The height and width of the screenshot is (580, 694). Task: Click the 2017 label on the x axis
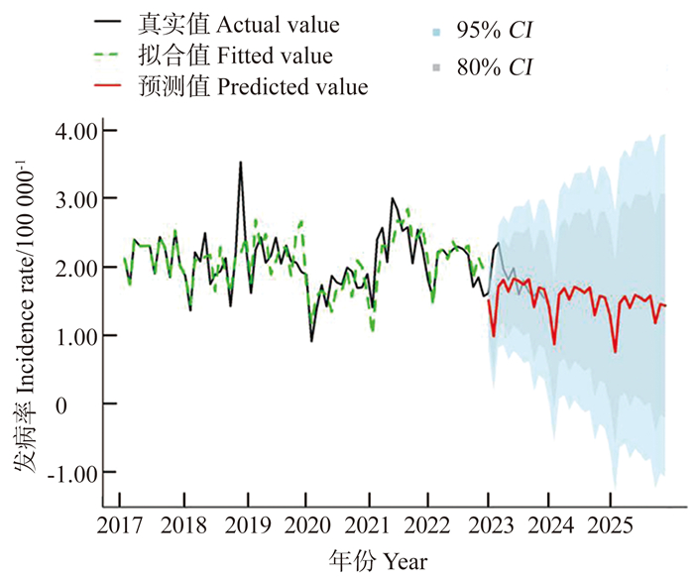(x=121, y=524)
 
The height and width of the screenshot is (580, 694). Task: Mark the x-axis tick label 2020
(x=305, y=524)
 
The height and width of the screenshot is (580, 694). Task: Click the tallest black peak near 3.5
(x=240, y=163)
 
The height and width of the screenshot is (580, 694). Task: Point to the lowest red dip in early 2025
(x=616, y=352)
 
